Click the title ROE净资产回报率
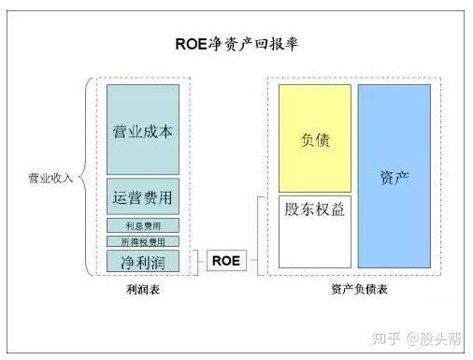pyautogui.click(x=236, y=44)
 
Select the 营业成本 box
pyautogui.click(x=142, y=129)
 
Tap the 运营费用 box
pyautogui.click(x=142, y=197)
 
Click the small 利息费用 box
pyautogui.click(x=142, y=225)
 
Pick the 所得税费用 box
pyautogui.click(x=142, y=241)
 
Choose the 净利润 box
pyautogui.click(x=142, y=260)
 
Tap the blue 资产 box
pyautogui.click(x=394, y=176)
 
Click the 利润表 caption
pyautogui.click(x=142, y=290)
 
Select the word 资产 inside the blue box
pyautogui.click(x=394, y=177)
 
